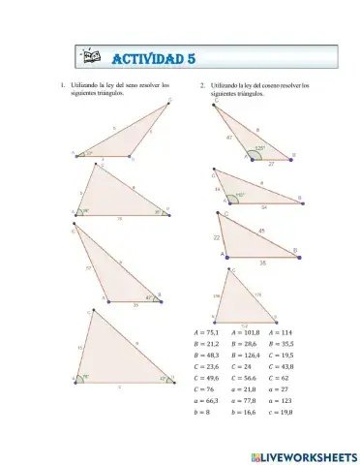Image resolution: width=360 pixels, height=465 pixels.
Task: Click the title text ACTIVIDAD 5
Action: pyautogui.click(x=155, y=57)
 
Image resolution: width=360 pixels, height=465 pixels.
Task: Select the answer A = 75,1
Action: pyautogui.click(x=196, y=333)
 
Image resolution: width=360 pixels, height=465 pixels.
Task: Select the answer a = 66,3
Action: pyautogui.click(x=196, y=401)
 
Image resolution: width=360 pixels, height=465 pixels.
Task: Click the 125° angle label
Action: pyautogui.click(x=259, y=148)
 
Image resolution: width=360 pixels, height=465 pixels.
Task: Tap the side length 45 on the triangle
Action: pyautogui.click(x=261, y=230)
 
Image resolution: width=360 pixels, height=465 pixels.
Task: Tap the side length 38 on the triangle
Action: pyautogui.click(x=260, y=263)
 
